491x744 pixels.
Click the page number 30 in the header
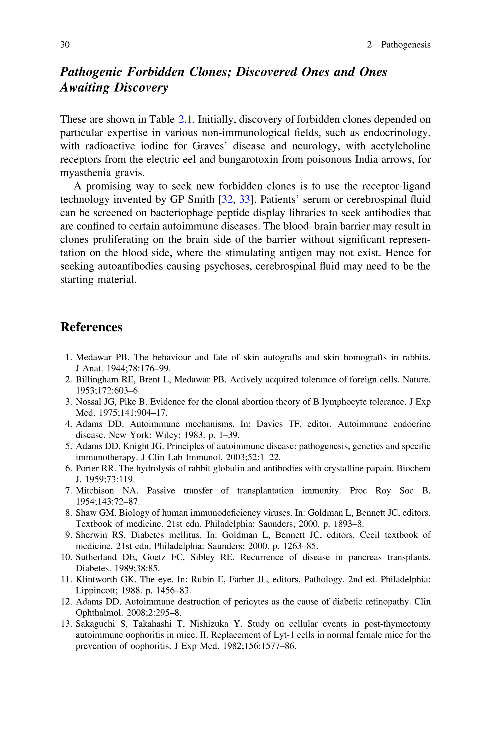(65, 45)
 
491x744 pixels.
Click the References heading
(91, 327)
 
